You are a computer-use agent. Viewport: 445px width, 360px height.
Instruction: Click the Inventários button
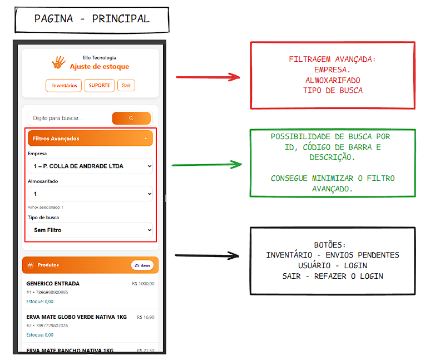(64, 86)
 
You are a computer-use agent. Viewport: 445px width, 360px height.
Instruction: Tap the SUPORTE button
(100, 86)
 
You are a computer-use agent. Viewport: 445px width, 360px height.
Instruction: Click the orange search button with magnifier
(131, 118)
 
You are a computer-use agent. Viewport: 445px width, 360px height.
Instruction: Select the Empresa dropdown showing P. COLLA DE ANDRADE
(90, 166)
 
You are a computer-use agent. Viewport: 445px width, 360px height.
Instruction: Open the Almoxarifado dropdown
(90, 194)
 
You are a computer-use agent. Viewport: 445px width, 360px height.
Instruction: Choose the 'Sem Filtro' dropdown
(90, 230)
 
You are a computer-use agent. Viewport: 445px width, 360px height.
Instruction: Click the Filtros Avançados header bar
(90, 139)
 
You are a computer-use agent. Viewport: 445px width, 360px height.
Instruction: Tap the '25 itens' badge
(142, 265)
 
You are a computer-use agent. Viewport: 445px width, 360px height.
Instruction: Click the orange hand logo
(58, 62)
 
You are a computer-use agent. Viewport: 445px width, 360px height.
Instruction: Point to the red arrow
(207, 77)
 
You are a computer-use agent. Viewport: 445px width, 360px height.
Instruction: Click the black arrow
(206, 256)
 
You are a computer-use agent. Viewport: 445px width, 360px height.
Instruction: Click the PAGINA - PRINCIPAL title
(92, 19)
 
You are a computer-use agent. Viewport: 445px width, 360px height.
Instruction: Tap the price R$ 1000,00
(143, 284)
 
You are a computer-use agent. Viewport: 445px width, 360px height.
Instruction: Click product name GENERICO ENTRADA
(53, 284)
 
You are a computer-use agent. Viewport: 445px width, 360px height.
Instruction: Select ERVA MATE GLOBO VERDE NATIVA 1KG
(76, 317)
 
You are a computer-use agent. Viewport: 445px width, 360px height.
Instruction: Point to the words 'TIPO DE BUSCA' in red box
(333, 90)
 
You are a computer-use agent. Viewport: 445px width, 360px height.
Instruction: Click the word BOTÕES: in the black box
(333, 245)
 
